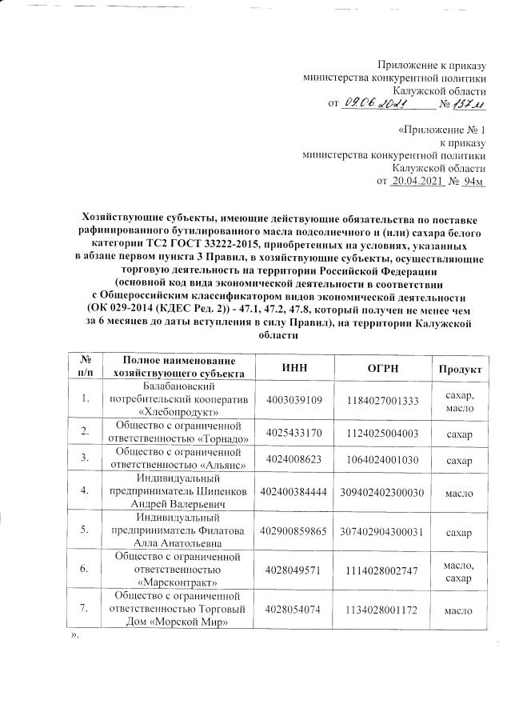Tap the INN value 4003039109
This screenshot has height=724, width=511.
click(x=295, y=399)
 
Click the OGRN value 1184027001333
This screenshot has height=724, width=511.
click(x=380, y=399)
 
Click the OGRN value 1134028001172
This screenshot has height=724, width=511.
click(x=380, y=610)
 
